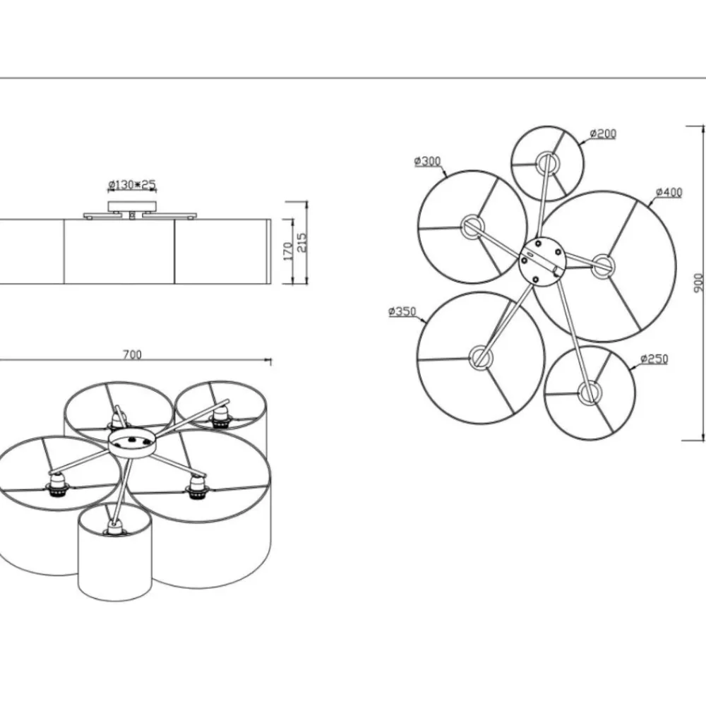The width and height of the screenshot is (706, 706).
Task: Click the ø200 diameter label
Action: click(x=603, y=133)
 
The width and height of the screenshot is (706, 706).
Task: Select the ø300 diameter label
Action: click(x=427, y=161)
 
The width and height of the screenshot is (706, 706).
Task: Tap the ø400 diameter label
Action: click(x=669, y=192)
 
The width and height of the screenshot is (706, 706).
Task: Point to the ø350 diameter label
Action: click(x=402, y=311)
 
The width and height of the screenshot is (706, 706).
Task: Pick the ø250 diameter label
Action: click(x=654, y=359)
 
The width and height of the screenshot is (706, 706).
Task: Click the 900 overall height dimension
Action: click(x=698, y=283)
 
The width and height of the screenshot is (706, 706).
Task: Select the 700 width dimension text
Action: click(x=133, y=355)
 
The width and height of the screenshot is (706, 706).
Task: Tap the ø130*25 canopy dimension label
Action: click(x=132, y=184)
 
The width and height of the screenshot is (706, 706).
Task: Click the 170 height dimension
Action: click(x=289, y=251)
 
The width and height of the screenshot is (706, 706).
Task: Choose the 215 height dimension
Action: click(x=302, y=242)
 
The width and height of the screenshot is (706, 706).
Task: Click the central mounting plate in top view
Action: click(x=542, y=261)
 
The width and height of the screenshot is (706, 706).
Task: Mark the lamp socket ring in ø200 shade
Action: click(x=546, y=162)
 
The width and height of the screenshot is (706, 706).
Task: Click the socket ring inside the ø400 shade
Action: click(x=602, y=265)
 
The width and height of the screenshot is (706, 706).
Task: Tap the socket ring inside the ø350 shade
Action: click(x=481, y=357)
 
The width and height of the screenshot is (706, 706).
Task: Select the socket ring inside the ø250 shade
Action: click(x=587, y=393)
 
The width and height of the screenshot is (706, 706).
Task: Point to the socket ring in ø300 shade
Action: click(x=472, y=227)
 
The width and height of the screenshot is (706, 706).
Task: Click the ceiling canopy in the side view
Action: click(x=132, y=206)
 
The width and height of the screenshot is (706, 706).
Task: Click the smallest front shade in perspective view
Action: click(x=114, y=551)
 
